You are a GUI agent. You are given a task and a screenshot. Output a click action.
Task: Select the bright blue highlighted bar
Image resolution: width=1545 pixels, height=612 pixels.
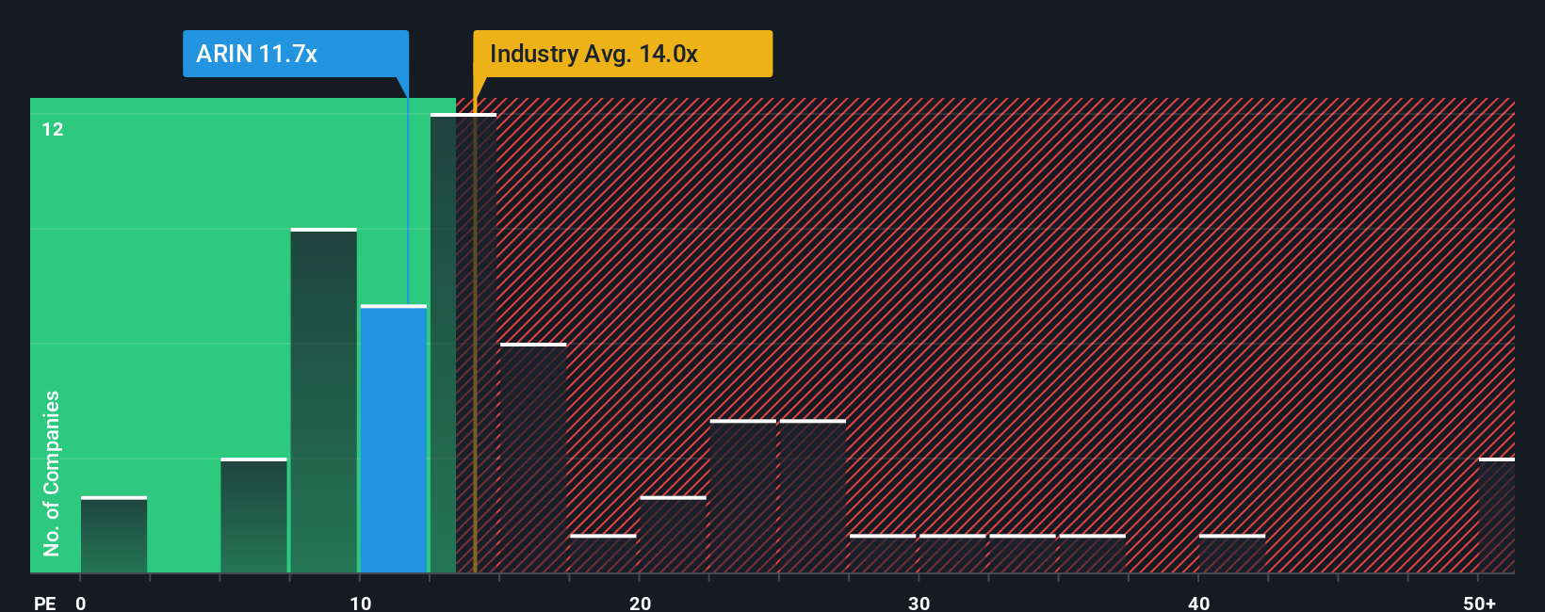[394, 439]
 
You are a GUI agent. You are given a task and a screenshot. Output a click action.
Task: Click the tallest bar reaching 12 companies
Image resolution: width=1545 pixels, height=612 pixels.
[463, 344]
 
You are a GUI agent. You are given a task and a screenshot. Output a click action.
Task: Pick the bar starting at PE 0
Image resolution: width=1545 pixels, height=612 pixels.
[114, 535]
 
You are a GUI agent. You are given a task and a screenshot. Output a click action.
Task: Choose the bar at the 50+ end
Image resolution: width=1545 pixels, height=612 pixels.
[1496, 516]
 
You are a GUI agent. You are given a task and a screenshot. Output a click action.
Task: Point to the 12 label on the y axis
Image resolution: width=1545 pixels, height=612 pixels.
[53, 129]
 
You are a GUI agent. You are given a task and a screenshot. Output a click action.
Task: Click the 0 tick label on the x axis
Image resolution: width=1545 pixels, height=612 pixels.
[81, 603]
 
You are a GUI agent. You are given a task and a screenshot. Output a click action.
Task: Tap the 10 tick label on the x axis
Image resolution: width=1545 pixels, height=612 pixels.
[360, 603]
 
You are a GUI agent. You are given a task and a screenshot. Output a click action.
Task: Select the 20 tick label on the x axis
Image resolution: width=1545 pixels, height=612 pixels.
[640, 603]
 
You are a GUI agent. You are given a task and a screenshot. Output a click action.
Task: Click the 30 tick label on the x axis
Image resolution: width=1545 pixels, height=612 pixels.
[919, 603]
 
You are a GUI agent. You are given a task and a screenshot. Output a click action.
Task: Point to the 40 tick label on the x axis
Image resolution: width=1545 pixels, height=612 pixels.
[1198, 603]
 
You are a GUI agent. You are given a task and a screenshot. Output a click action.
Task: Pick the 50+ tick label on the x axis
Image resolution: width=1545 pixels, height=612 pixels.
[1479, 603]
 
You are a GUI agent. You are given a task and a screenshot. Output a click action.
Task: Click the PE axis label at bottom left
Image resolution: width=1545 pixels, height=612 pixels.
[44, 603]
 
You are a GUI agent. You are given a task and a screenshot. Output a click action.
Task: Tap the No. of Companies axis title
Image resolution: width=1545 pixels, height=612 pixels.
[52, 473]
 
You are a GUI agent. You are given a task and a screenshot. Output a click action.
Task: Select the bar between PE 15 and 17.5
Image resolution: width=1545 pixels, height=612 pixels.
[533, 459]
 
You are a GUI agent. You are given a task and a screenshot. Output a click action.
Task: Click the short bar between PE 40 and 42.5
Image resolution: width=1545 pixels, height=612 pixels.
[1232, 554]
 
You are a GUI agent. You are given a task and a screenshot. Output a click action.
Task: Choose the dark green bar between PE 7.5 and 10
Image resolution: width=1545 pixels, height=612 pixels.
[323, 401]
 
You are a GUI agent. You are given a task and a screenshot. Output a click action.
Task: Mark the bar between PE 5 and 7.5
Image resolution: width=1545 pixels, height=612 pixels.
[253, 516]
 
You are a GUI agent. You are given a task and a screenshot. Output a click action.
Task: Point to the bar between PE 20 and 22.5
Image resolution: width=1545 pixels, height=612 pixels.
[673, 535]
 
